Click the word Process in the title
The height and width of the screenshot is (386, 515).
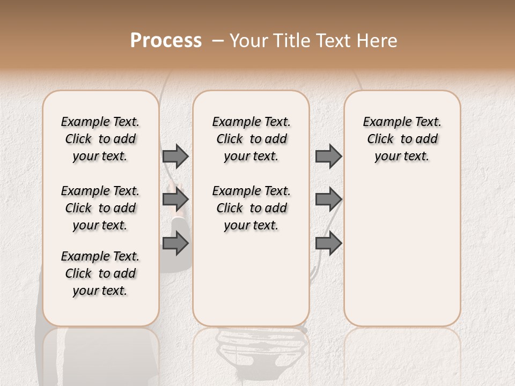coord(166,41)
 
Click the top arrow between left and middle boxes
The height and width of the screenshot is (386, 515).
coord(175,156)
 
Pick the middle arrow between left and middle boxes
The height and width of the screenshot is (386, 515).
coord(175,200)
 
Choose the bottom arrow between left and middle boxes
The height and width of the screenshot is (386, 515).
coord(175,243)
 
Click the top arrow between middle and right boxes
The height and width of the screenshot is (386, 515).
coord(328,156)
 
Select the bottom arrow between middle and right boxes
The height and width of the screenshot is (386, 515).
coord(328,243)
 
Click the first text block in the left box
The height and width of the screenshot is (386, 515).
coord(100,139)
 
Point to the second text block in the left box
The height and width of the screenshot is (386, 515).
coord(100,208)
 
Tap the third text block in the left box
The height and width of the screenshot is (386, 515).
coord(100,273)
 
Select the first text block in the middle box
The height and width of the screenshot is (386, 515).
coord(251,139)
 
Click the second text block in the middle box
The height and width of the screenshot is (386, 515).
coord(251,208)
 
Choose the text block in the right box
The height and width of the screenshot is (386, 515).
coord(402,139)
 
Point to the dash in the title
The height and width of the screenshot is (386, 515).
coord(218,41)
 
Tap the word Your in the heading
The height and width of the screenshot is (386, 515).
coord(249,41)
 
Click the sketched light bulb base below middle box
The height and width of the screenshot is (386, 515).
coord(251,348)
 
